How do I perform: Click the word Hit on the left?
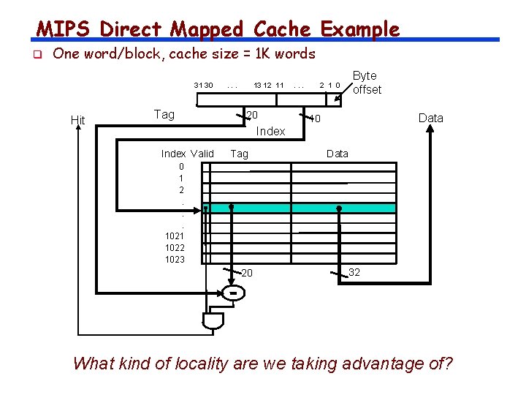point(77,120)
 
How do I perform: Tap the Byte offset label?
point(366,83)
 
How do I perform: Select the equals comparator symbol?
point(232,293)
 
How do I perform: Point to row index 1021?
point(175,236)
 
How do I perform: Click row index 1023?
point(175,259)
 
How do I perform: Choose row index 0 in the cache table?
point(181,166)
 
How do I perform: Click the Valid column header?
point(202,154)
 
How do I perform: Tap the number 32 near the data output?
point(354,272)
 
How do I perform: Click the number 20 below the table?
point(247,273)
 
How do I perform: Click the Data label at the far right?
point(430,118)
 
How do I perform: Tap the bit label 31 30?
point(203,86)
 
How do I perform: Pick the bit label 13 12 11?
point(268,86)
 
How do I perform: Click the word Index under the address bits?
point(270,131)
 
